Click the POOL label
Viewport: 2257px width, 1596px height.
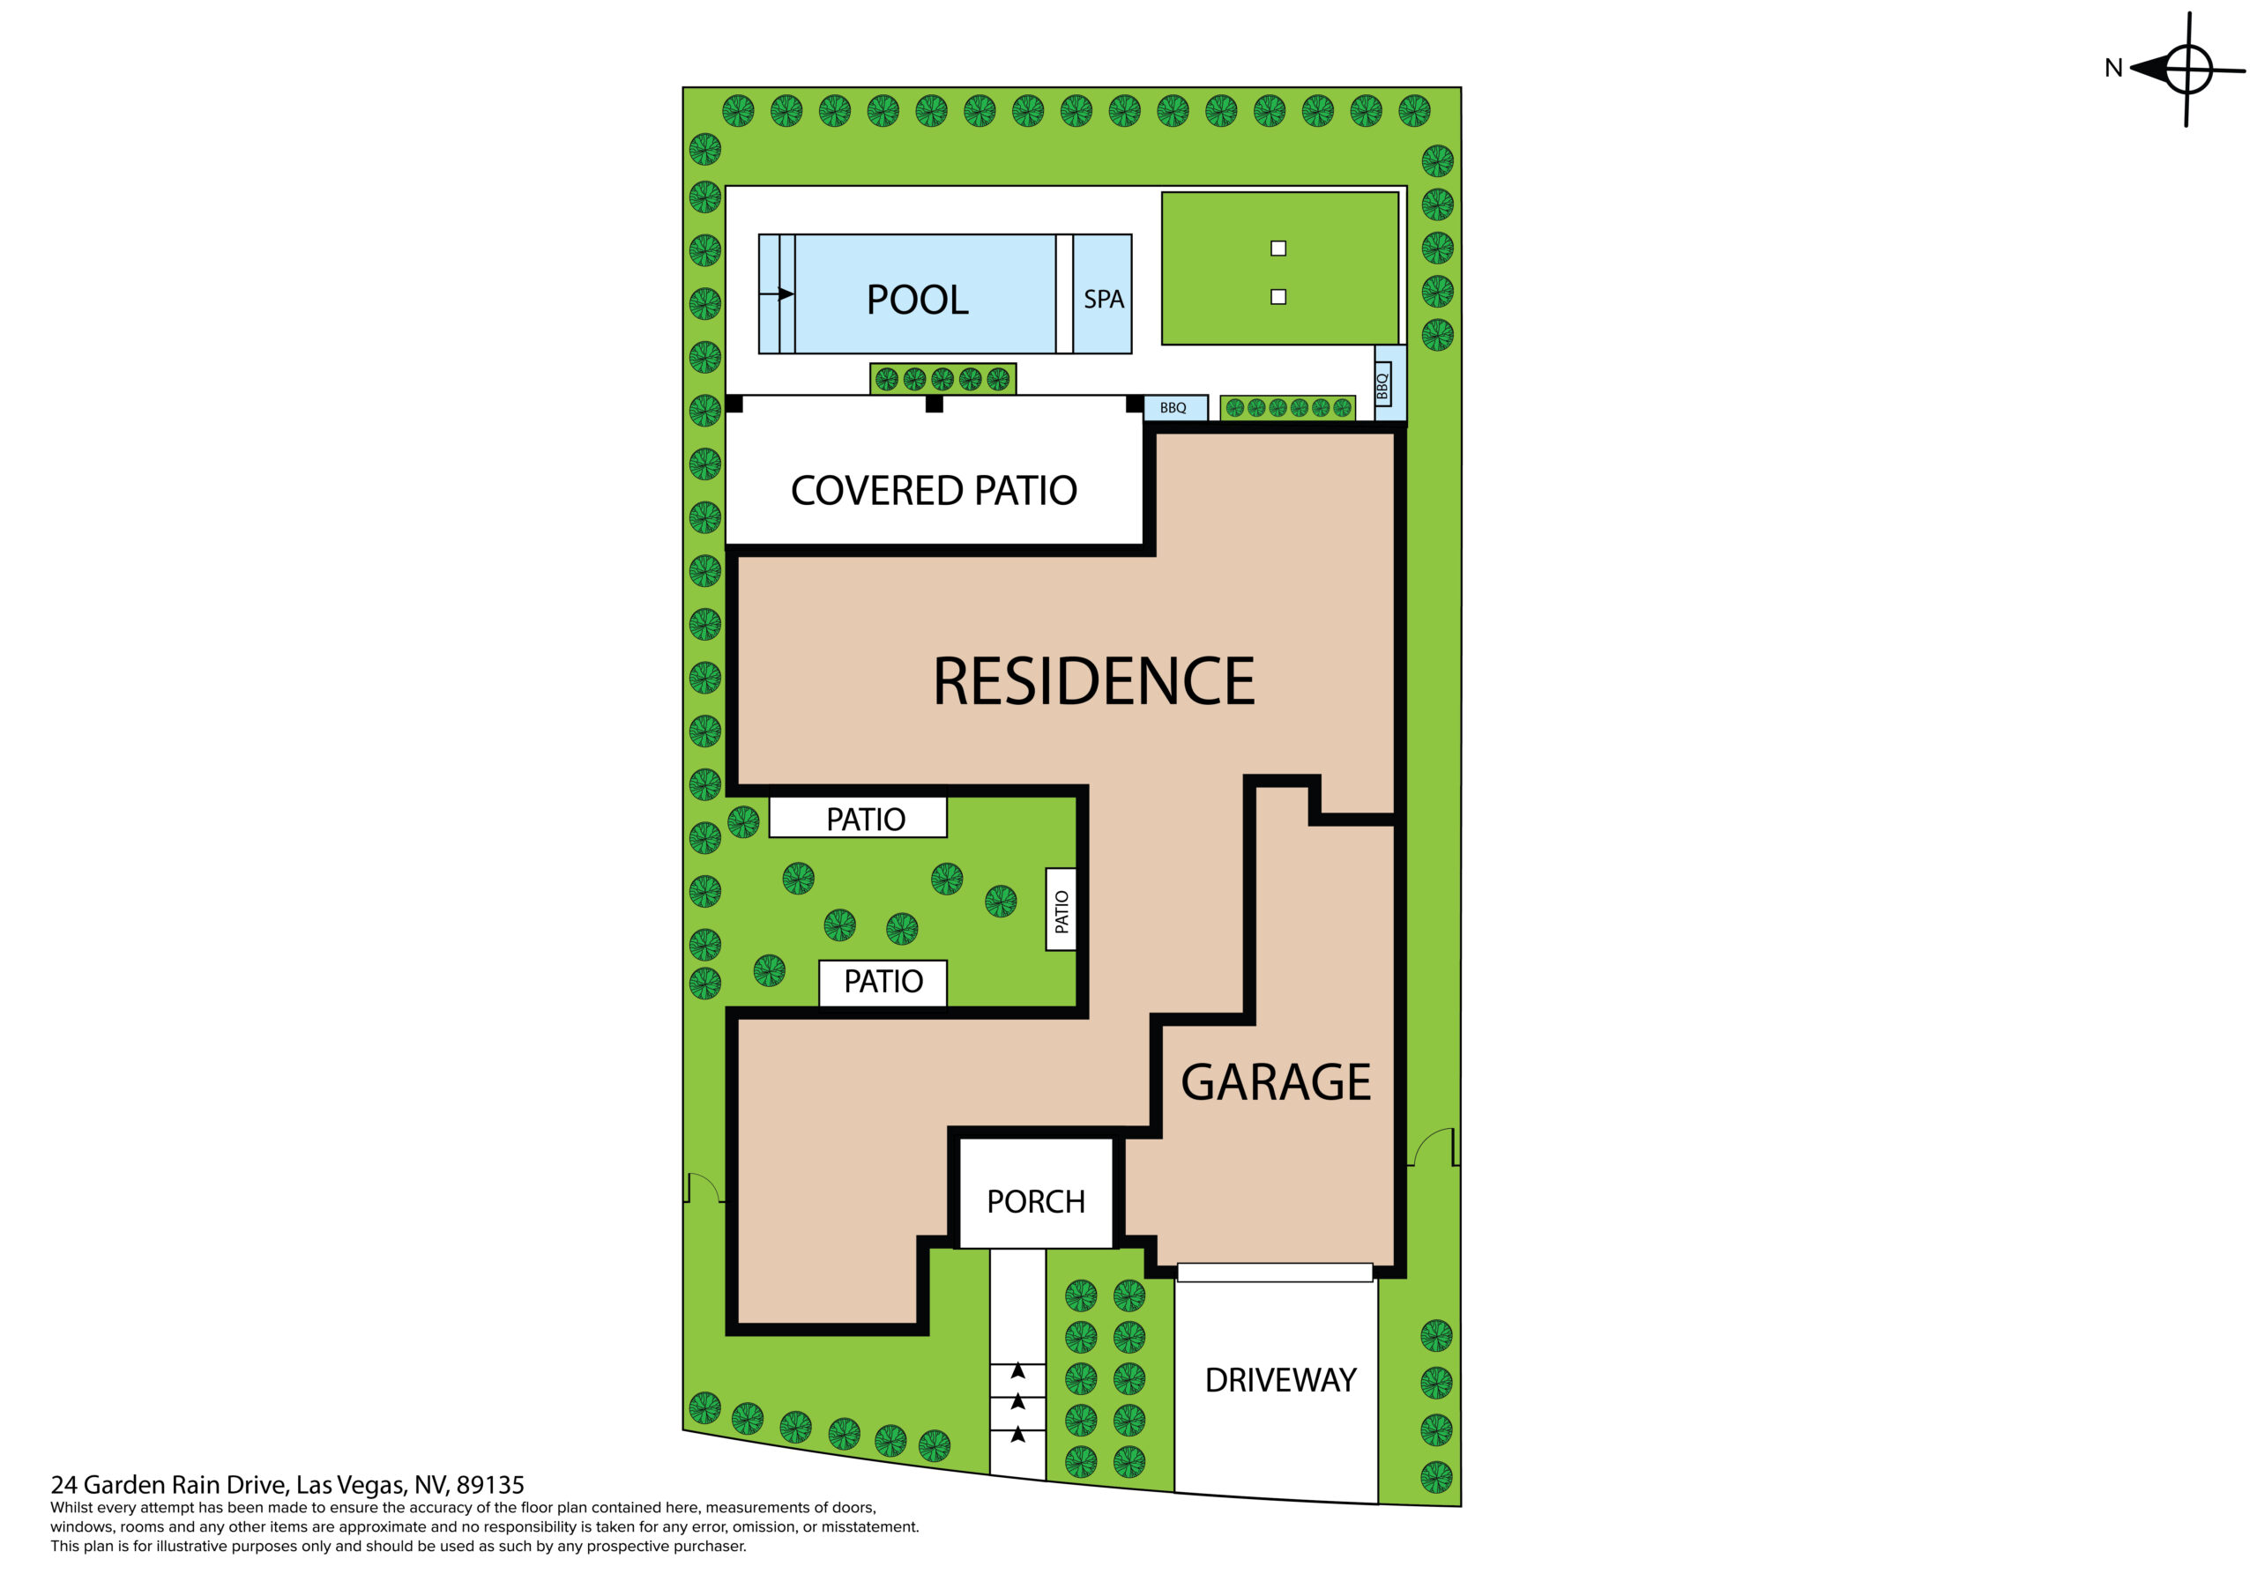click(917, 300)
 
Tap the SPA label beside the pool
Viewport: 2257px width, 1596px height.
click(1103, 299)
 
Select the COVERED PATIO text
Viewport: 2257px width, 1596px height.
click(934, 490)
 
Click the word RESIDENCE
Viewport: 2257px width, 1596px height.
click(1093, 681)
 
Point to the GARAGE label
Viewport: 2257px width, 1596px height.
click(1275, 1082)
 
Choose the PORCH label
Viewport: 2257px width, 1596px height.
click(1035, 1201)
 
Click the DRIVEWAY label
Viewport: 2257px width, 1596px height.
click(1280, 1380)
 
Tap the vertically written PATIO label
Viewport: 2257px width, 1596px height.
click(1061, 911)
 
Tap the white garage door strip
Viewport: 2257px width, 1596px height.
click(1275, 1273)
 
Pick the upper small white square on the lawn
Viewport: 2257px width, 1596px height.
click(1277, 249)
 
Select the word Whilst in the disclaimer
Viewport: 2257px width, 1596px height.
click(73, 1508)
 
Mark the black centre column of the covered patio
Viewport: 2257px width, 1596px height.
click(934, 404)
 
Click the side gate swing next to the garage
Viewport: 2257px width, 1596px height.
click(1433, 1147)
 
